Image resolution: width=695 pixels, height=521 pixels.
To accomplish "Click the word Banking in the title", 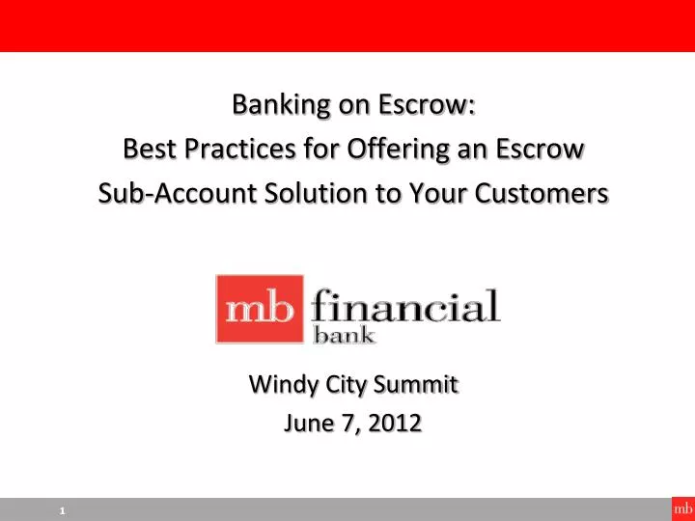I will [273, 104].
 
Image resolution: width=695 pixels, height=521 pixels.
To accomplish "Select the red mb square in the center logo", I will [259, 309].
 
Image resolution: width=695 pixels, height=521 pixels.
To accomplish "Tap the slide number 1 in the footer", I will [62, 510].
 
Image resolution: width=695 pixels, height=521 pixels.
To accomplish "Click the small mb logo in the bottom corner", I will [682, 508].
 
